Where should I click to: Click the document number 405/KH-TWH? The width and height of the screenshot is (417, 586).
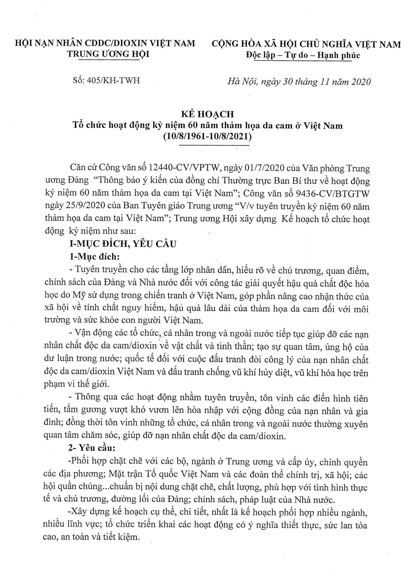pos(113,80)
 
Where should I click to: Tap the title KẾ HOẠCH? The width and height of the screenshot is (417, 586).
pos(208,114)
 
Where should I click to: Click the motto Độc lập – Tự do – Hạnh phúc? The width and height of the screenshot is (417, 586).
pos(303,55)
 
